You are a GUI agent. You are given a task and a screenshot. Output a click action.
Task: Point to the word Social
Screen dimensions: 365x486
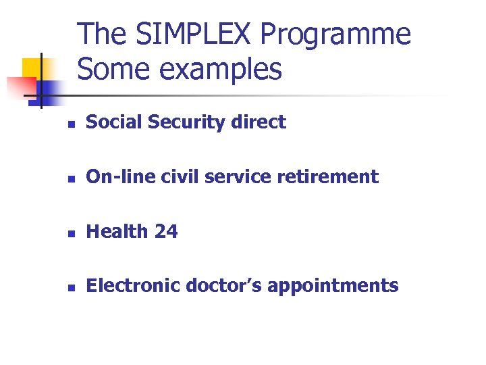click(x=111, y=122)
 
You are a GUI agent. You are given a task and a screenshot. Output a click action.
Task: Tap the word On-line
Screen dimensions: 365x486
click(x=117, y=177)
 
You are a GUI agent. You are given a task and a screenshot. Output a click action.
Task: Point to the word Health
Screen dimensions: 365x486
click(x=117, y=232)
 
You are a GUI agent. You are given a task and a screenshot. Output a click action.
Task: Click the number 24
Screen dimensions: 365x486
click(x=166, y=232)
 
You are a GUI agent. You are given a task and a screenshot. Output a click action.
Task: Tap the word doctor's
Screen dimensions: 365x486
click(x=224, y=286)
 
